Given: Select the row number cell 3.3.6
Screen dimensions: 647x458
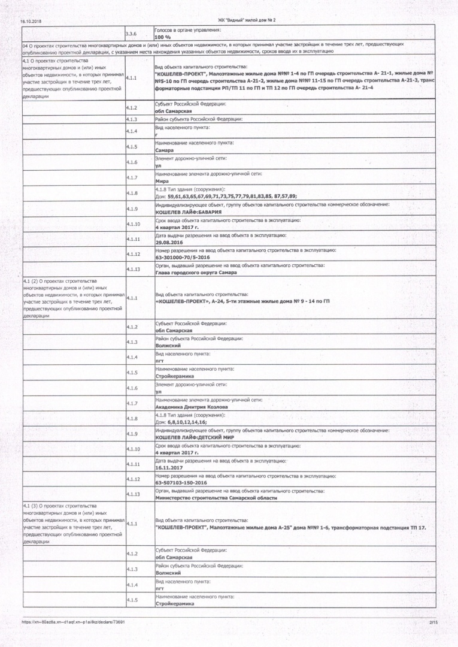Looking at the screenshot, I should (133, 34).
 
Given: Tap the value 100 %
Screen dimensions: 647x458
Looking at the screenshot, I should (163, 37).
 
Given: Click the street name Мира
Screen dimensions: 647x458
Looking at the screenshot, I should (162, 181).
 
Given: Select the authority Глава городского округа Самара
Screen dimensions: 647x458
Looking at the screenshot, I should (195, 273).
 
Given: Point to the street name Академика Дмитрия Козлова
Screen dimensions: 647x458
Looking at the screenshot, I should (196, 407).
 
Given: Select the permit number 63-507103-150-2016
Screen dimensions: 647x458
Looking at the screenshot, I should (181, 482).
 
